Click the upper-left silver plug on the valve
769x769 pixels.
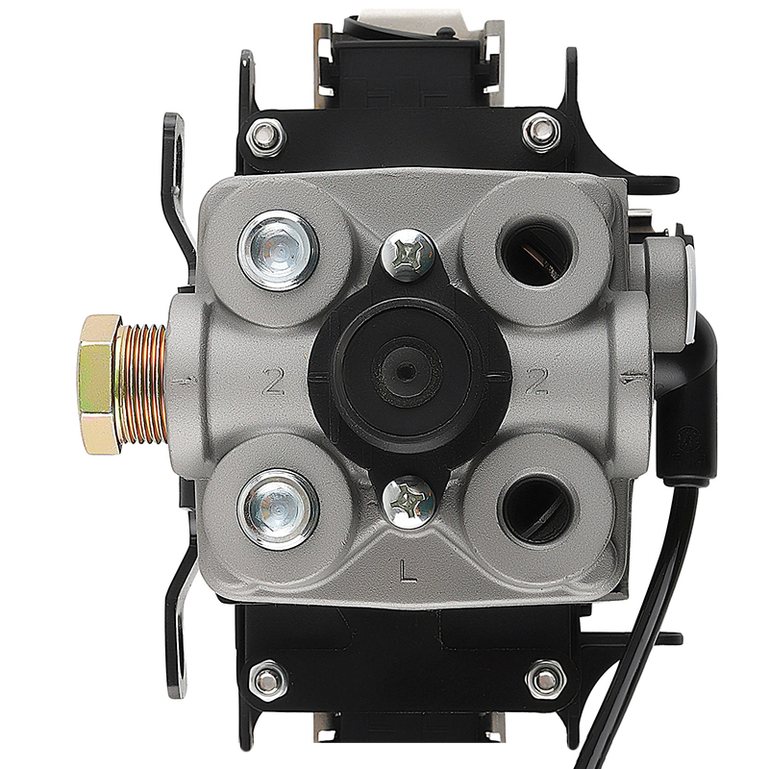[x=278, y=251]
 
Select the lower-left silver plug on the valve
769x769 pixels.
[x=278, y=509]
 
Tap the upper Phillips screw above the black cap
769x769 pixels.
[x=408, y=256]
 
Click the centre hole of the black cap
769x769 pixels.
[x=404, y=371]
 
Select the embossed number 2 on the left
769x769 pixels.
[x=273, y=382]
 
